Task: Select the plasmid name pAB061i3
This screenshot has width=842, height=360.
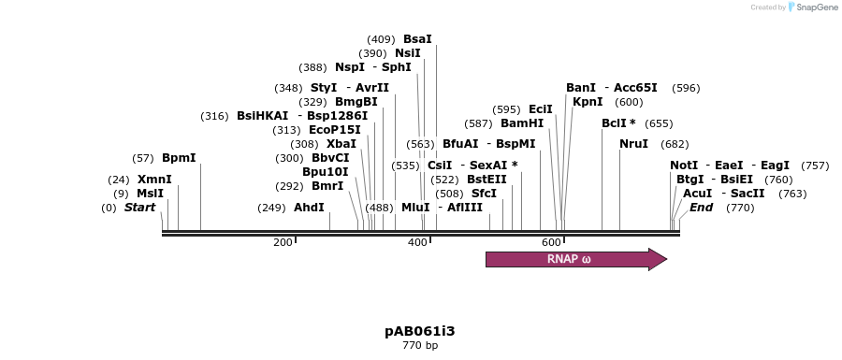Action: click(420, 331)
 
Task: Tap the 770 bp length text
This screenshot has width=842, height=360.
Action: click(420, 345)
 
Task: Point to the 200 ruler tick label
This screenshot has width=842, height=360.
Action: click(283, 243)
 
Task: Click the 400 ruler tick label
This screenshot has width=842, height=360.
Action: click(417, 243)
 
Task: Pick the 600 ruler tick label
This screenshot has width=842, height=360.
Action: click(551, 243)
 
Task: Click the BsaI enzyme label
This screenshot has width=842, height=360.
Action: click(417, 39)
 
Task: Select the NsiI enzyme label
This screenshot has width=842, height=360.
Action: click(408, 53)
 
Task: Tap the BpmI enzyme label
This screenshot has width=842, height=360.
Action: click(179, 158)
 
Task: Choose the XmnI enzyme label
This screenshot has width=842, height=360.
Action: click(154, 180)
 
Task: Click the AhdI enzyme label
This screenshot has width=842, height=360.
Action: click(309, 207)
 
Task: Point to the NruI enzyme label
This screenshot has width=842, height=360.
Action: click(633, 144)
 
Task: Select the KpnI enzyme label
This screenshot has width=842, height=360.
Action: click(588, 102)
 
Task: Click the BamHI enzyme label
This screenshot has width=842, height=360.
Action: click(522, 123)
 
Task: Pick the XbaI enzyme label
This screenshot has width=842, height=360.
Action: click(341, 144)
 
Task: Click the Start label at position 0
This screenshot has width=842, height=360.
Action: click(140, 207)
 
